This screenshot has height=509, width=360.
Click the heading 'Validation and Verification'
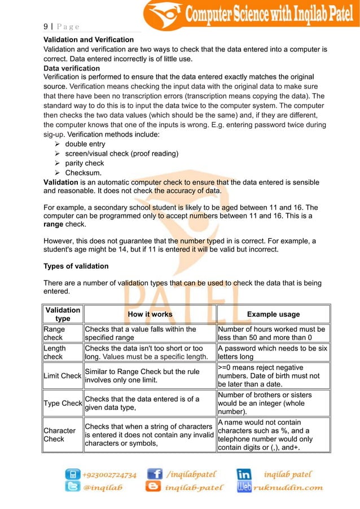(89, 40)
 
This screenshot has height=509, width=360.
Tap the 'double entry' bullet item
(85, 144)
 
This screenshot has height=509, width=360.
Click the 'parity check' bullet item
(85, 163)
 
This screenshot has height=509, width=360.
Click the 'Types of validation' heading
(76, 266)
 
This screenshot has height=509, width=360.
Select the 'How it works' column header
(150, 314)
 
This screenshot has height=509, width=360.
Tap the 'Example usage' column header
(273, 314)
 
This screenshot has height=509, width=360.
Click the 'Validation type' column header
(63, 314)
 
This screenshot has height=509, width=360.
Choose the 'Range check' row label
(55, 333)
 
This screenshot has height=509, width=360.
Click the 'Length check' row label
(55, 353)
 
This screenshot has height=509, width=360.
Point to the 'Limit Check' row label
(63, 376)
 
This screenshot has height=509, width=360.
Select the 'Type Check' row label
(63, 403)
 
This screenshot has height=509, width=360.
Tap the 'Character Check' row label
(59, 435)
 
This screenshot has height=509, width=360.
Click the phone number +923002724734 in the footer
(109, 475)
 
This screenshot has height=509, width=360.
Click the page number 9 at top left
(45, 26)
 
